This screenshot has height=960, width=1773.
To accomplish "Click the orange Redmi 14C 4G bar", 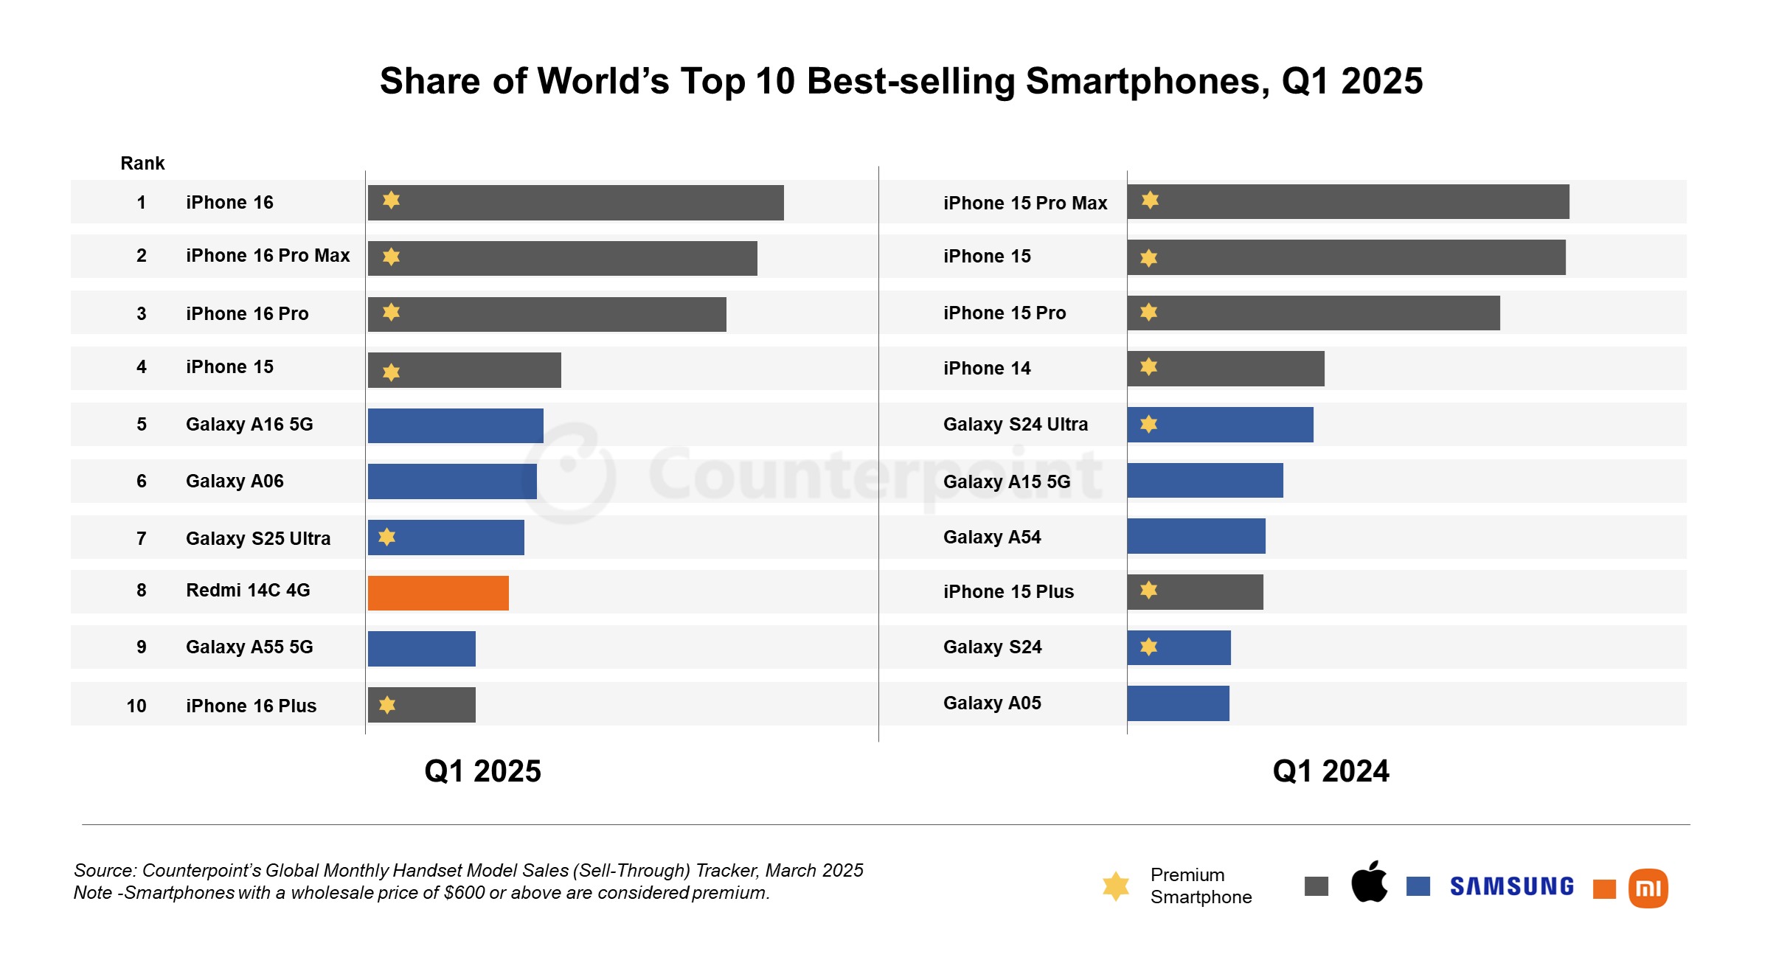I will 438,593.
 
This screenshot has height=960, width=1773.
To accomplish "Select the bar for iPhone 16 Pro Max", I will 562,258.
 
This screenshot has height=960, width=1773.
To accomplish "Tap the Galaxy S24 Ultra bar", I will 1220,425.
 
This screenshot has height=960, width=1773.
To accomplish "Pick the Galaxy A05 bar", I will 1178,703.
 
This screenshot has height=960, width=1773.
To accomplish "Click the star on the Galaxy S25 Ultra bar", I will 386,537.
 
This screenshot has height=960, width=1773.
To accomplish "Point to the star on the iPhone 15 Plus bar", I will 1148,590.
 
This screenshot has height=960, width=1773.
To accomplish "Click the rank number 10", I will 136,706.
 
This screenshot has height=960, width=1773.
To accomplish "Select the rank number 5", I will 141,424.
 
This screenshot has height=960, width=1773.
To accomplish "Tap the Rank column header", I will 142,163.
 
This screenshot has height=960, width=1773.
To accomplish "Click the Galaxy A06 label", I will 235,481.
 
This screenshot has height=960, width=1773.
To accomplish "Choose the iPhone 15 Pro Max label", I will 1024,203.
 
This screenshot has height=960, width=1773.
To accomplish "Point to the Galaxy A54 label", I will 991,537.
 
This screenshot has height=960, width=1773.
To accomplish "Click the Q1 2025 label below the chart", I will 482,771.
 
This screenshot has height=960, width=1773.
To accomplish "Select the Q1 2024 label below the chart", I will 1330,771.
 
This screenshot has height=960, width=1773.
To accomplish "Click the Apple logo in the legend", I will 1369,882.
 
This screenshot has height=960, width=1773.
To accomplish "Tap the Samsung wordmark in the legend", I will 1511,886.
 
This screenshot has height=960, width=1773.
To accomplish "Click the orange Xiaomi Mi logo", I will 1648,888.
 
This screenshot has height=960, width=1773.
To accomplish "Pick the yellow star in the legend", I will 1115,886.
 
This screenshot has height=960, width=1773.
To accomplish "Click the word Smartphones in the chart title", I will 1148,81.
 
